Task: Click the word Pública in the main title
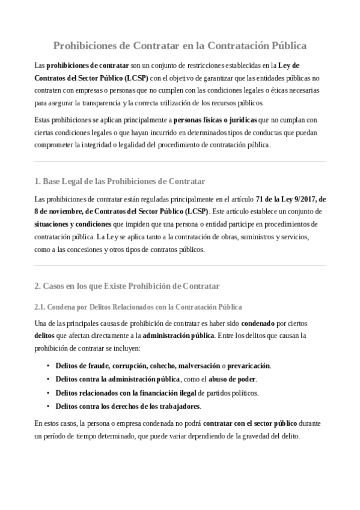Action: coord(284,45)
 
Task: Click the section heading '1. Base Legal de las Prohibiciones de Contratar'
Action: coord(120,181)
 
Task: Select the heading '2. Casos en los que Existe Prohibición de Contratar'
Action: coord(127,286)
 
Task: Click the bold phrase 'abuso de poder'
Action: coord(233,379)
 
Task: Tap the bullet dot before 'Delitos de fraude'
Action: coord(47,366)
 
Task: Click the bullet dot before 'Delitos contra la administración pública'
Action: coord(47,379)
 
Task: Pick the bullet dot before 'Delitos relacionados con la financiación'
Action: coord(47,393)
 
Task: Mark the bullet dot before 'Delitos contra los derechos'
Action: coord(47,407)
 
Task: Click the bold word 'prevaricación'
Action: coord(249,366)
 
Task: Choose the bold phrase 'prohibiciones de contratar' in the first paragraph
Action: coord(88,64)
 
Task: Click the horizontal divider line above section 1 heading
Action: coord(180,161)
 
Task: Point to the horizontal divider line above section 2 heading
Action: coord(180,266)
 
